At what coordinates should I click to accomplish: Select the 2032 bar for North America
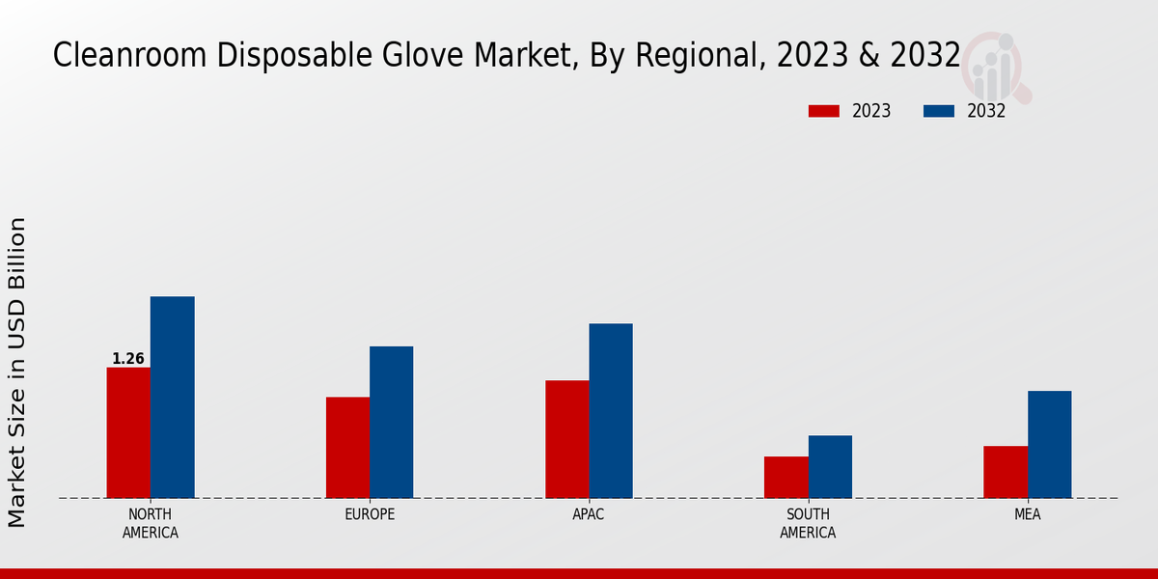click(172, 397)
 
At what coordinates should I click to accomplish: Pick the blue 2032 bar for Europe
click(391, 422)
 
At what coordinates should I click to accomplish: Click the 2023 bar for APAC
click(566, 439)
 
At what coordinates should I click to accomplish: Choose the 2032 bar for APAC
click(611, 410)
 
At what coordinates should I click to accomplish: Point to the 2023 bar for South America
click(786, 477)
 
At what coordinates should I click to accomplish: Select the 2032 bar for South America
click(830, 466)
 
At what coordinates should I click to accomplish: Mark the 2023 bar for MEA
click(1006, 472)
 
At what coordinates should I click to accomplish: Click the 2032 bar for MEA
click(1049, 444)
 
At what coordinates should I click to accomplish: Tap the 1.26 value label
click(128, 359)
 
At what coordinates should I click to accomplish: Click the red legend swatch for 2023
click(824, 111)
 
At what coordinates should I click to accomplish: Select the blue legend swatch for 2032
click(938, 111)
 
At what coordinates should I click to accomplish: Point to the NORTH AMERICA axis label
click(151, 523)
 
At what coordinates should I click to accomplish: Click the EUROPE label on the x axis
click(370, 514)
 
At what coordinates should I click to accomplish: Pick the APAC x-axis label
click(589, 514)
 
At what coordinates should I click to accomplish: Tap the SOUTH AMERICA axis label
click(808, 523)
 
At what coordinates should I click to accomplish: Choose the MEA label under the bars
click(1027, 514)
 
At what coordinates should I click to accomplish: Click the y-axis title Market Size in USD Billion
click(17, 372)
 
